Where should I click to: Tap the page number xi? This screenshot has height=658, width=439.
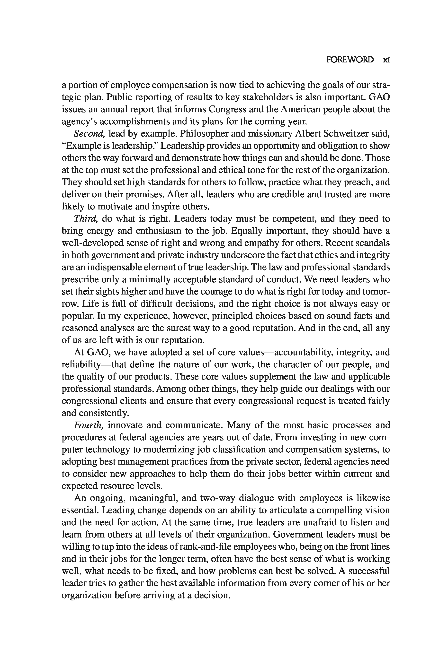point(386,60)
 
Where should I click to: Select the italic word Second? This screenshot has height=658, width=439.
point(89,134)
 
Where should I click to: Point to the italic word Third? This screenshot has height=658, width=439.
point(86,219)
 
